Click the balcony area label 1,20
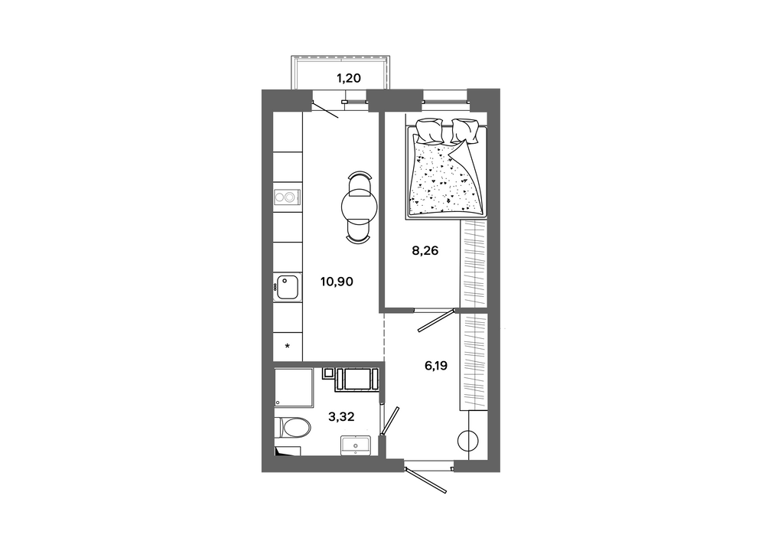349,78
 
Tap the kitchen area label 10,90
337,282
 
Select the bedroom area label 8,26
425,251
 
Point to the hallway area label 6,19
436,365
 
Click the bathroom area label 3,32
341,417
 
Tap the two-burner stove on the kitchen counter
286,197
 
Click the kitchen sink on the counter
286,288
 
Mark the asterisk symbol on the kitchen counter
288,347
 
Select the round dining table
359,207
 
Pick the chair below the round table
359,232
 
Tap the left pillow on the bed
429,129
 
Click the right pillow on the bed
464,131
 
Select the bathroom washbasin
356,445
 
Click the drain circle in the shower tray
278,402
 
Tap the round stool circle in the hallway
468,441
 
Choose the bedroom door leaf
437,320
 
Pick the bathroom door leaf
391,421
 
